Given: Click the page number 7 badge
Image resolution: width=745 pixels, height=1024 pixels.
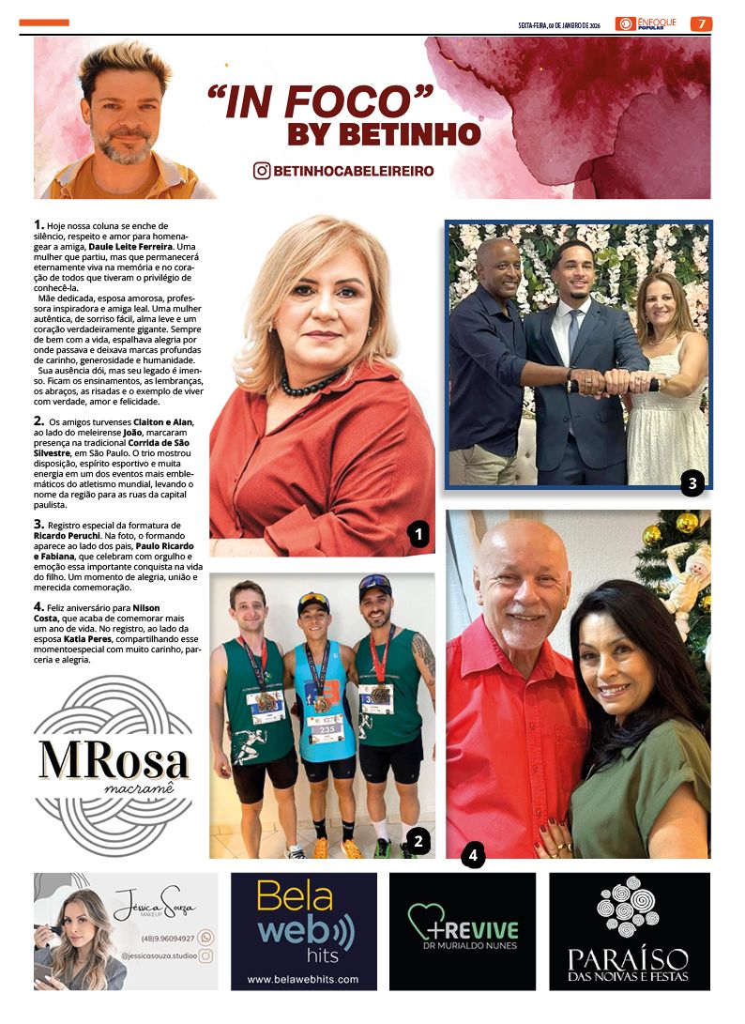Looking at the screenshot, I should point(701,23).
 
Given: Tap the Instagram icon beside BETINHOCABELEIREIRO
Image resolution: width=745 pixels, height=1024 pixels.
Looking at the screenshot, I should point(262,171).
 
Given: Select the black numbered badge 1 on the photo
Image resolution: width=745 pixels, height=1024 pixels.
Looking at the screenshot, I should point(418,535).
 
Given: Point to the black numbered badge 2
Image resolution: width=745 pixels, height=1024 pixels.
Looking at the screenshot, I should point(418,841).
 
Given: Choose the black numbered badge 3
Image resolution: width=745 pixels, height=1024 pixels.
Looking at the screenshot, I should point(692,483).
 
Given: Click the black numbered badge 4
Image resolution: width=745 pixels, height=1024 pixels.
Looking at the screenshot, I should point(473,855).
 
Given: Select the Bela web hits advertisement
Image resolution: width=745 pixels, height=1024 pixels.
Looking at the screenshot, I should point(304,931).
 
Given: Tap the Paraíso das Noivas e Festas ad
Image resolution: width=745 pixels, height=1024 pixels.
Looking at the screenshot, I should point(629,931).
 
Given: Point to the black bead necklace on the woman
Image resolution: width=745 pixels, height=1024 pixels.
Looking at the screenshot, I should point(312,383).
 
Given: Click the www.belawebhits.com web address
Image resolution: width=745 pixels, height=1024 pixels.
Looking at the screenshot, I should point(303,979).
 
